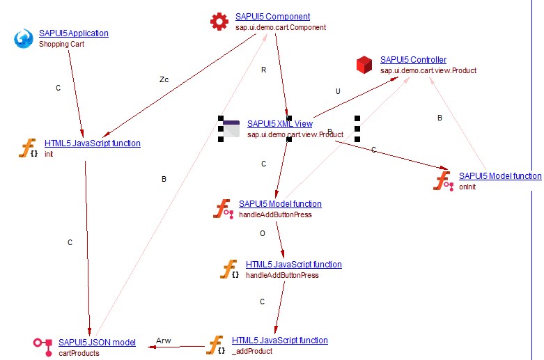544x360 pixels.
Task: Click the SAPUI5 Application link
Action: (x=73, y=33)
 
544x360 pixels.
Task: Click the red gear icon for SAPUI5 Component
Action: (x=219, y=22)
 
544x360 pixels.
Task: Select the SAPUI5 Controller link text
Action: (x=413, y=60)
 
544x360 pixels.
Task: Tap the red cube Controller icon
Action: (x=365, y=65)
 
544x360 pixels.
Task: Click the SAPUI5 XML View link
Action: (x=279, y=124)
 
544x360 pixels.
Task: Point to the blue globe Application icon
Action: (x=24, y=38)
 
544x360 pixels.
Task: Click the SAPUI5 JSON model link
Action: (x=97, y=343)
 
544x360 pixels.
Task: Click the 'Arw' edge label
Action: (x=163, y=341)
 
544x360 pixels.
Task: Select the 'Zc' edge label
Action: (x=164, y=79)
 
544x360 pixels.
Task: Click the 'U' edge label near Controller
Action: (x=338, y=91)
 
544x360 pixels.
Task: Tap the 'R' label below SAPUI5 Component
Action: (x=263, y=70)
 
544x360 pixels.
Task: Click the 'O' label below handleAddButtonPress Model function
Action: (x=263, y=234)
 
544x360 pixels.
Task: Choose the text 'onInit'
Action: (x=468, y=187)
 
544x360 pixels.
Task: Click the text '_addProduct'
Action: (x=251, y=351)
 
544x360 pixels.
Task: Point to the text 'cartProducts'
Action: (x=79, y=353)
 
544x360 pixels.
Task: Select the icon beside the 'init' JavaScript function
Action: (x=29, y=148)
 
